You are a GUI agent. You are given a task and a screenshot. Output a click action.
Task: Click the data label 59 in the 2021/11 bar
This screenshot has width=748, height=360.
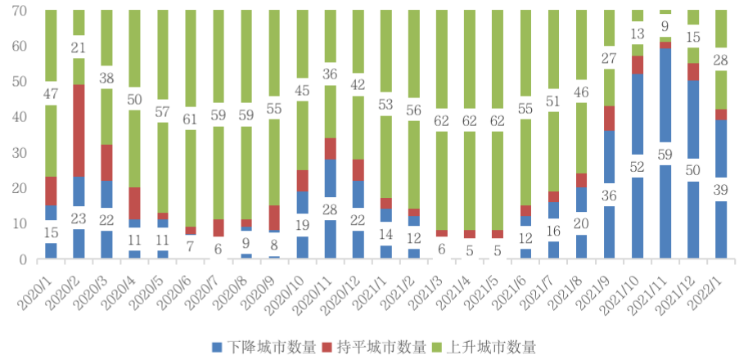coord(665,152)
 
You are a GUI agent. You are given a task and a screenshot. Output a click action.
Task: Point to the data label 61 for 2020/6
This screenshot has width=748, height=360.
coord(190,118)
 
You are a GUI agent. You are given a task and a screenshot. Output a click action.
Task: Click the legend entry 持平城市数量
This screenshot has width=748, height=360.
coord(374,347)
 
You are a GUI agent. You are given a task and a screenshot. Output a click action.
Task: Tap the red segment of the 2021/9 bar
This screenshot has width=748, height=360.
coord(609,118)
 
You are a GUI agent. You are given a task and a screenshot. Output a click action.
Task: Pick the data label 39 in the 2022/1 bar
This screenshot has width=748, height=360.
coord(720,190)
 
